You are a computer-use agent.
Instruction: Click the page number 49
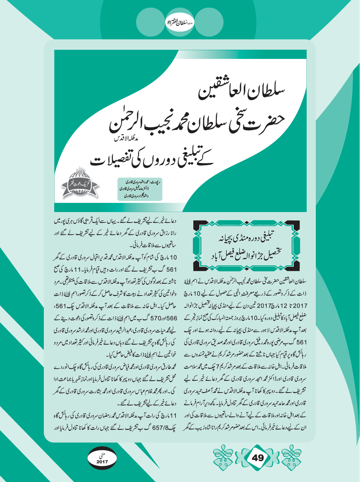coord(258,457)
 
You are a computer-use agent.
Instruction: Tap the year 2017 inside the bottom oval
coord(102,462)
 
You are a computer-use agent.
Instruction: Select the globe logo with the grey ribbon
coord(80,183)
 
